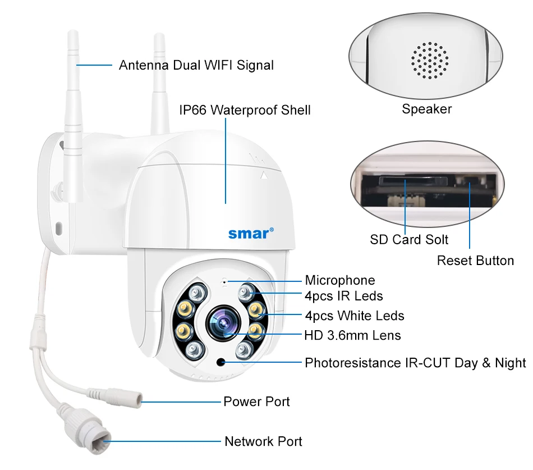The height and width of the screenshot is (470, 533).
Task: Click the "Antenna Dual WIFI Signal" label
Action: (x=196, y=65)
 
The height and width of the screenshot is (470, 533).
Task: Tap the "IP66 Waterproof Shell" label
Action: (x=245, y=109)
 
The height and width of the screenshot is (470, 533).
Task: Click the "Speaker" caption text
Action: (x=426, y=109)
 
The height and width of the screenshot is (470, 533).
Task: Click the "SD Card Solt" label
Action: (x=409, y=240)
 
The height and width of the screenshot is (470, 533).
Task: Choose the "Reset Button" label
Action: (x=475, y=261)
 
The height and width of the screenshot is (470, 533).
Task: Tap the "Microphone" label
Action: (x=339, y=280)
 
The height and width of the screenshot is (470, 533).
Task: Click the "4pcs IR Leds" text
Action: (x=343, y=295)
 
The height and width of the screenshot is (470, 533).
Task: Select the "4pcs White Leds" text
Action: (x=354, y=316)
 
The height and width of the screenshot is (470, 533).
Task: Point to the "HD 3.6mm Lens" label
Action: (x=352, y=336)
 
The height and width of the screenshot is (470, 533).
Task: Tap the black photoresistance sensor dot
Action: (x=222, y=362)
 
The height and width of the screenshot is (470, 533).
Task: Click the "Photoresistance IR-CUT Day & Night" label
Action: (x=415, y=363)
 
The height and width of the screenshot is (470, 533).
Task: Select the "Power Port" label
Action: (x=256, y=401)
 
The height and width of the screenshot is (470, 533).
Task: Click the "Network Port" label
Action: (x=263, y=441)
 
